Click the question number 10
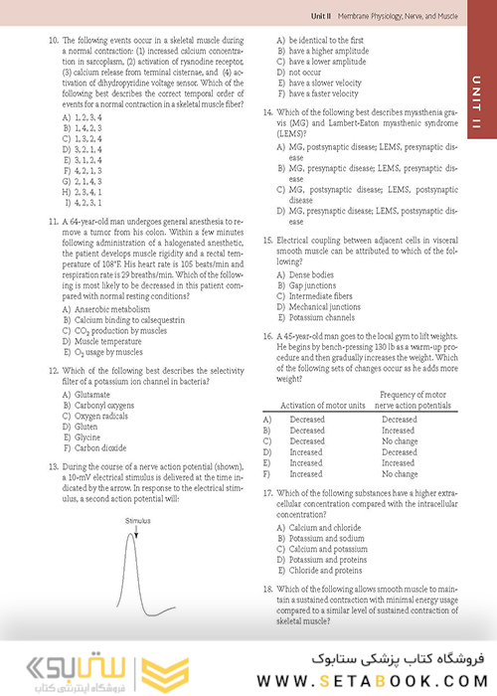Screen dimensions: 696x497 52,41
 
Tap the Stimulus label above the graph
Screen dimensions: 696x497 137,520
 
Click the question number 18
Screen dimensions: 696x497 267,590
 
